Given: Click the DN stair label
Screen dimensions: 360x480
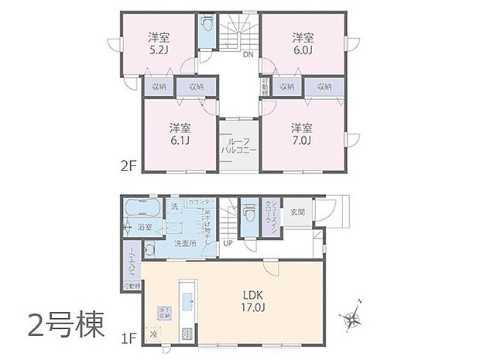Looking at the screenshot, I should [x=248, y=55].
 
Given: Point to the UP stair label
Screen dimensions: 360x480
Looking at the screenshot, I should [x=228, y=242].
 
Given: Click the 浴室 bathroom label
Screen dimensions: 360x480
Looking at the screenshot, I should [x=145, y=228].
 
